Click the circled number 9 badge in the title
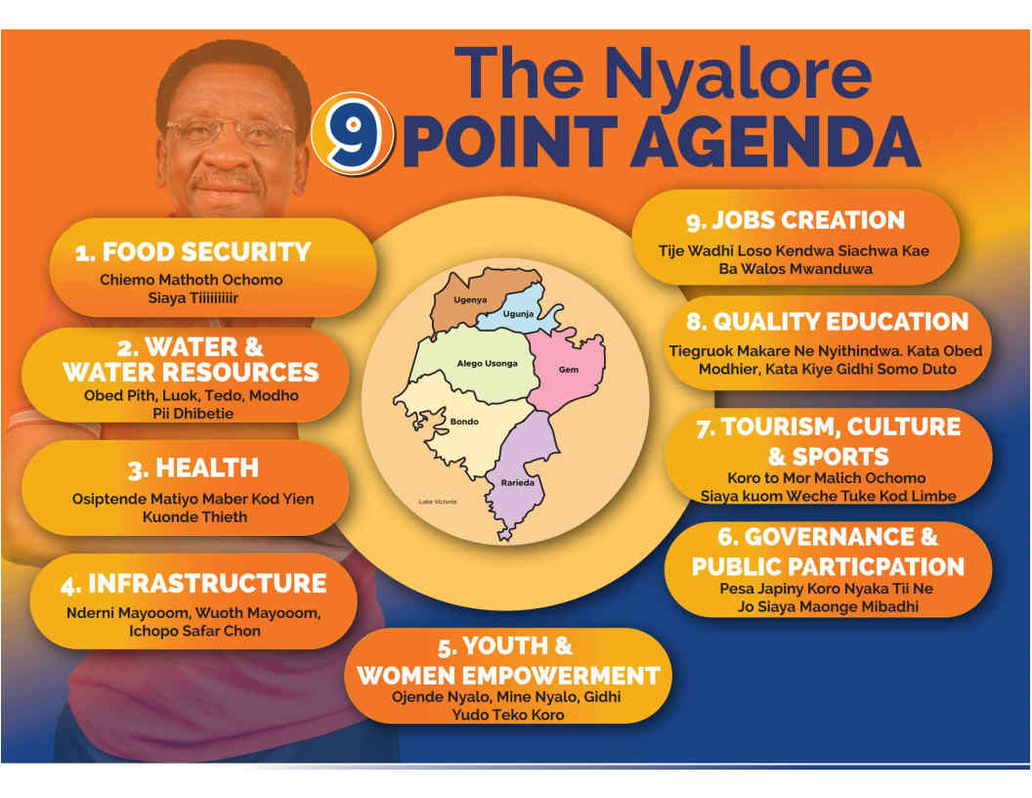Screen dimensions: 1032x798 click(x=352, y=135)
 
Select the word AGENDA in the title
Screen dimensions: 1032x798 click(x=775, y=142)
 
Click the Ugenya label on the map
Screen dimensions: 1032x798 click(x=470, y=300)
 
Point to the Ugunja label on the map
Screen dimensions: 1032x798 click(x=518, y=314)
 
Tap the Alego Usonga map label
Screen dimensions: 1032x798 click(x=487, y=364)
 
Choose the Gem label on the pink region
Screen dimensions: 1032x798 click(x=569, y=370)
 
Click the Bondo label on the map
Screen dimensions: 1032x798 click(x=464, y=421)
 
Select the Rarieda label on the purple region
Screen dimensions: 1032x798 click(x=517, y=483)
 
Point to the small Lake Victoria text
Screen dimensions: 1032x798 click(x=438, y=502)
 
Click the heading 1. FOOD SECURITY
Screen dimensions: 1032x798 click(x=193, y=252)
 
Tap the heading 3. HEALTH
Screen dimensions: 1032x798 click(x=193, y=468)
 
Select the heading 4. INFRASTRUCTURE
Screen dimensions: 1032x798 click(x=193, y=584)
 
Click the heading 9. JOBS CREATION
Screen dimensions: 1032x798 click(x=795, y=221)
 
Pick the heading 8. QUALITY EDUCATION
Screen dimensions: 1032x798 click(x=828, y=322)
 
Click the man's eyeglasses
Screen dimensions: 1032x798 click(x=230, y=131)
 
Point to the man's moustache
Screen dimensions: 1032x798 click(x=228, y=180)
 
